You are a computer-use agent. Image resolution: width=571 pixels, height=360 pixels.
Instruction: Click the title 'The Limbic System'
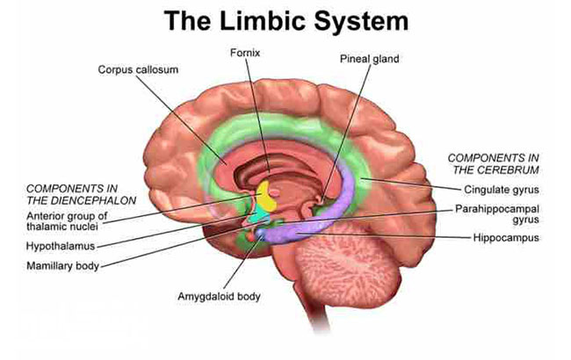click(x=285, y=21)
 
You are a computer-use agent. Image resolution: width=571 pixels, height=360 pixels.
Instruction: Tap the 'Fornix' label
click(x=245, y=54)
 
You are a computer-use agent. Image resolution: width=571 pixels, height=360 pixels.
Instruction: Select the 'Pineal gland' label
click(x=369, y=59)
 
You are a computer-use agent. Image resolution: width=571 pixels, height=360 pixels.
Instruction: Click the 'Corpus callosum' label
click(x=138, y=69)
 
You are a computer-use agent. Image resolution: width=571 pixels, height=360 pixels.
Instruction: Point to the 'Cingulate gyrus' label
click(x=501, y=190)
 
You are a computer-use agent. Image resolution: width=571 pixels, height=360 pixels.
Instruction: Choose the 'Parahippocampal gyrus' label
click(x=496, y=214)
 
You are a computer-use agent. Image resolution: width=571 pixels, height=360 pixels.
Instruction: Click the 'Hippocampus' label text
click(x=506, y=238)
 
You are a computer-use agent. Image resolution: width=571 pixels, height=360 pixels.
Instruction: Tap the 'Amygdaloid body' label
click(x=219, y=297)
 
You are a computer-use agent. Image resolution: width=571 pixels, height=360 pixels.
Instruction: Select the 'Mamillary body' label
click(x=62, y=266)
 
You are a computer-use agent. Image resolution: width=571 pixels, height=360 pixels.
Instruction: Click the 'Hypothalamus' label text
click(x=61, y=246)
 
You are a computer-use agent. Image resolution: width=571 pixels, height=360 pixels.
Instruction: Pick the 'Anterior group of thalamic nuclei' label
click(x=67, y=221)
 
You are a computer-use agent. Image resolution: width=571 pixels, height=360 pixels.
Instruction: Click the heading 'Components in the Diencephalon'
click(x=81, y=194)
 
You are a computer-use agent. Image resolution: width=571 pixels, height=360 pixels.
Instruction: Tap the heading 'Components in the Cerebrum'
click(x=494, y=164)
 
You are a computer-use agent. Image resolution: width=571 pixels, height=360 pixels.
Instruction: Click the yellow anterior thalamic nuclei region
click(x=267, y=197)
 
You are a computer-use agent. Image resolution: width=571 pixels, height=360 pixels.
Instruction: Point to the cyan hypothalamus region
click(x=259, y=216)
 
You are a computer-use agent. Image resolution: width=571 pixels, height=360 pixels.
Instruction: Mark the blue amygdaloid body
click(x=260, y=233)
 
